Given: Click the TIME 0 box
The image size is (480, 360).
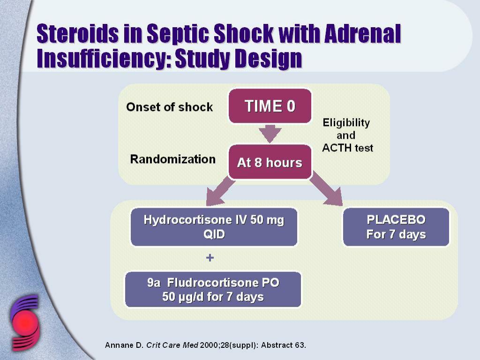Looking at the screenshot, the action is (270, 106).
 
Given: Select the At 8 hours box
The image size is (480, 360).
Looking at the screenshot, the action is (270, 162).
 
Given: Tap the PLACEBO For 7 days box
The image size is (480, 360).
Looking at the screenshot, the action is (396, 227).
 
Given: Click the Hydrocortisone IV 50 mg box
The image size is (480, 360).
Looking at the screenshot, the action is (214, 227).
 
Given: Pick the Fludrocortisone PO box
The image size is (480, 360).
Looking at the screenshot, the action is (213, 290).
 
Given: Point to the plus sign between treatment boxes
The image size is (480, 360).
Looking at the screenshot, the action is (210, 258).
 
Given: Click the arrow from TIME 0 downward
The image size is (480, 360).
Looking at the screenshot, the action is (270, 134).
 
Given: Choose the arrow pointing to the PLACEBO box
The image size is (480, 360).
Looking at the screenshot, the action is (326, 188).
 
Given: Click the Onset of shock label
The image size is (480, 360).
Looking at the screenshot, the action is (170, 107).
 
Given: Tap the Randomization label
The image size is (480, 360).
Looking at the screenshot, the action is (173, 159).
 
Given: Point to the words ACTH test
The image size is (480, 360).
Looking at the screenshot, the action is (348, 148).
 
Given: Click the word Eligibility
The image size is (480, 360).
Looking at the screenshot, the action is (346, 123).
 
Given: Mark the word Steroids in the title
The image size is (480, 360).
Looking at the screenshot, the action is (77, 33).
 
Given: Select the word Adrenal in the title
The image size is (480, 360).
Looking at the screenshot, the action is (363, 33).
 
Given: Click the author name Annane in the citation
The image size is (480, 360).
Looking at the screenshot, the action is (121, 345).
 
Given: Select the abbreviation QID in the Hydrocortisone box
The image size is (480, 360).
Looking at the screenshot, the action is (214, 234).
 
